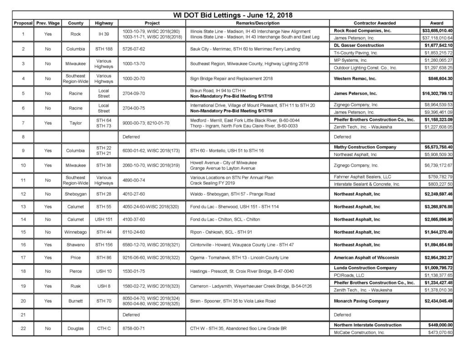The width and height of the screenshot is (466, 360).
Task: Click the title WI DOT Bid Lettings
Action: coord(233,15)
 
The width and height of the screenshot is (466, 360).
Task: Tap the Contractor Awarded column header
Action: coord(374,23)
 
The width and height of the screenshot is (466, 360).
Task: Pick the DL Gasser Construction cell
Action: coord(359,45)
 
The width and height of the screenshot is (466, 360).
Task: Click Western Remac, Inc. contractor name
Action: coord(355,79)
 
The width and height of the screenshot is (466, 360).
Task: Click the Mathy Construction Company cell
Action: coord(365,147)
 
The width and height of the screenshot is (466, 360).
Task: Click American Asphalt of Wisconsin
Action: coord(367,257)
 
